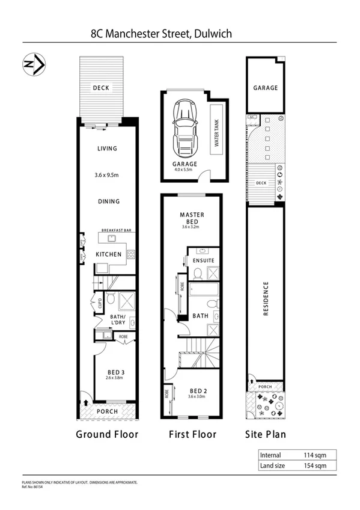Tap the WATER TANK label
(x=216, y=132)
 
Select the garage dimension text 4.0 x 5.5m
(x=185, y=170)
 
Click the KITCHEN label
(x=109, y=254)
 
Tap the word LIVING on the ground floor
(x=107, y=149)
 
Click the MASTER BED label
(x=192, y=218)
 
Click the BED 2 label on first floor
(x=192, y=389)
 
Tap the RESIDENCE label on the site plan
(x=265, y=300)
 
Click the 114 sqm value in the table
(x=314, y=455)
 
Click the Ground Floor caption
(x=107, y=434)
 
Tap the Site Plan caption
(x=265, y=434)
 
